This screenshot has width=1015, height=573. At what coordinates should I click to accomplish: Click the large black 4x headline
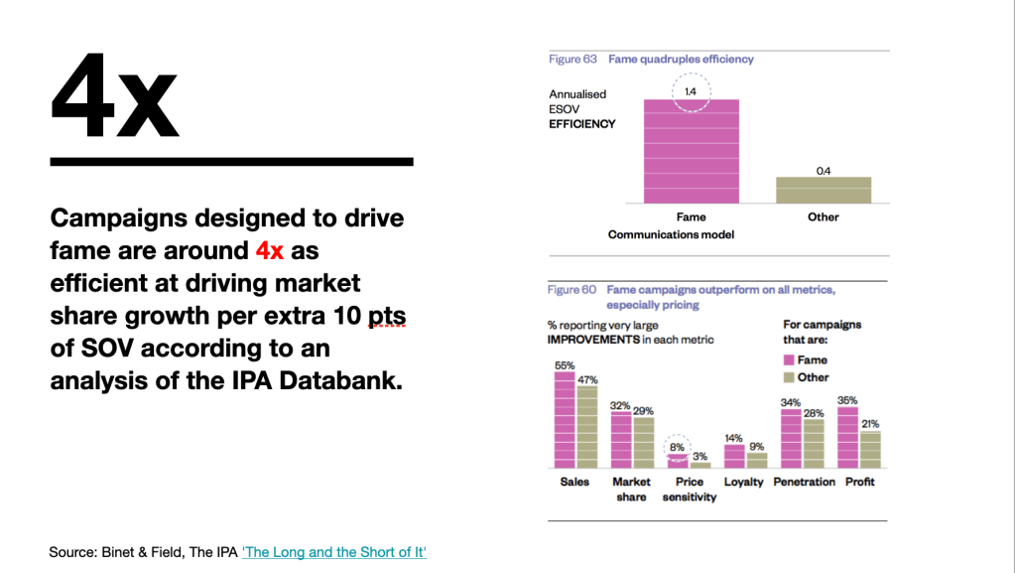pyautogui.click(x=114, y=96)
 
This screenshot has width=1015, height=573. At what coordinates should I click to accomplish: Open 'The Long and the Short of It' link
pyautogui.click(x=334, y=551)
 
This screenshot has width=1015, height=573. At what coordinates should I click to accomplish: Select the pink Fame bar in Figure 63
pyautogui.click(x=691, y=151)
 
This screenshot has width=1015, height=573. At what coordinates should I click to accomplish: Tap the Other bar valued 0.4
pyautogui.click(x=824, y=190)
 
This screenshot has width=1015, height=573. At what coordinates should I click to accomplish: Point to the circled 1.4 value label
pyautogui.click(x=691, y=91)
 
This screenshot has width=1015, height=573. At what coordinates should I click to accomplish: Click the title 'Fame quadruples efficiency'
pyautogui.click(x=681, y=60)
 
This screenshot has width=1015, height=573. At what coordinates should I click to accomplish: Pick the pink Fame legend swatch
pyautogui.click(x=789, y=360)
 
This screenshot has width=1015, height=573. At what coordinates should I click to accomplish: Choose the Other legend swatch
pyautogui.click(x=789, y=377)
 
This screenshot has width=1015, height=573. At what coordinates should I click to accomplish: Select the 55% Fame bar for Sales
pyautogui.click(x=565, y=420)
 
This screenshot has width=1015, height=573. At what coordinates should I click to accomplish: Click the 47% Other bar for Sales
pyautogui.click(x=587, y=427)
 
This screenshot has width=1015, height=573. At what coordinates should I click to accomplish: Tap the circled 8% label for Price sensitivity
pyautogui.click(x=678, y=448)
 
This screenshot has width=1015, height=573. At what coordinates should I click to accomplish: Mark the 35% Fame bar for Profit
pyautogui.click(x=847, y=437)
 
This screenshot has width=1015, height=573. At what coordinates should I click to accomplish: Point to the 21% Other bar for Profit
pyautogui.click(x=870, y=449)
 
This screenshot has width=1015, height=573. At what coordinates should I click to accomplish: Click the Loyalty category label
pyautogui.click(x=744, y=483)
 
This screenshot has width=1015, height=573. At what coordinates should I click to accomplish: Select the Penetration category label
pyautogui.click(x=804, y=483)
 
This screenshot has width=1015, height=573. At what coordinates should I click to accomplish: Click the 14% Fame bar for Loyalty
pyautogui.click(x=734, y=456)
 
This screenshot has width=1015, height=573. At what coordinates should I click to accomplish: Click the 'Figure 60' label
pyautogui.click(x=572, y=290)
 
